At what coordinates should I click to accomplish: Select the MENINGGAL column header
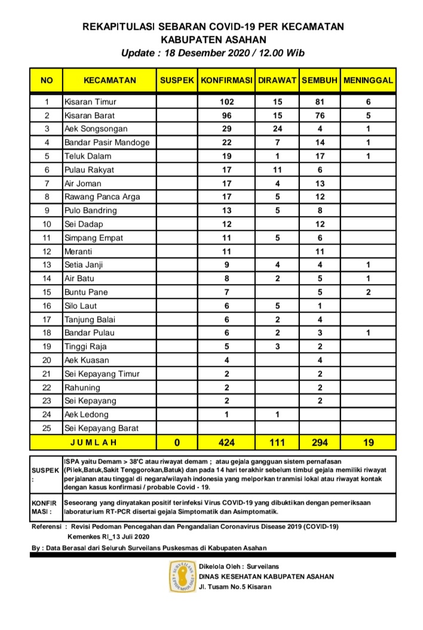click(368, 80)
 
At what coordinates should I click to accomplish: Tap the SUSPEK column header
click(177, 80)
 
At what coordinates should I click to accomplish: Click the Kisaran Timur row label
click(90, 101)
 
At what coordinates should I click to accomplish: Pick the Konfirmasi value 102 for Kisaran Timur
click(227, 101)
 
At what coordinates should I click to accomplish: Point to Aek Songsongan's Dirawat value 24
click(277, 129)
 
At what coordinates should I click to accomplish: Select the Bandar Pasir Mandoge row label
click(107, 143)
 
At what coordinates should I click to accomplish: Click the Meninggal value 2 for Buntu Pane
click(368, 292)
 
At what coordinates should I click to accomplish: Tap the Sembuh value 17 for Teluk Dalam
click(320, 156)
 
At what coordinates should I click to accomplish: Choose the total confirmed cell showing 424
click(227, 443)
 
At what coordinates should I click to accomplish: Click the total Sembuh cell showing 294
click(320, 443)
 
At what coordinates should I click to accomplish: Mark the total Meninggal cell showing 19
click(368, 443)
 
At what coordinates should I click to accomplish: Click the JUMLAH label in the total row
click(93, 443)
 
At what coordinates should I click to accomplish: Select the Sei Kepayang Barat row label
click(102, 428)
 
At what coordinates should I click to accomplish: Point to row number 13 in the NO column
click(46, 265)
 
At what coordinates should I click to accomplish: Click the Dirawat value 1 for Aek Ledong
click(277, 415)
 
